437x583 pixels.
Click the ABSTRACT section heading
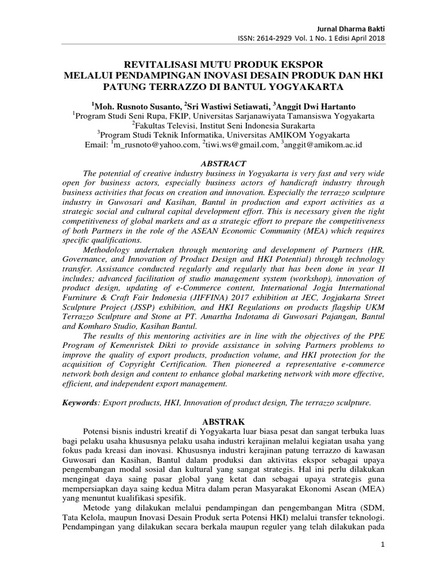(x=218, y=163)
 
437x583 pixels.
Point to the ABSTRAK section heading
(x=218, y=422)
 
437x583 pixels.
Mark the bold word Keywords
(x=80, y=403)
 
